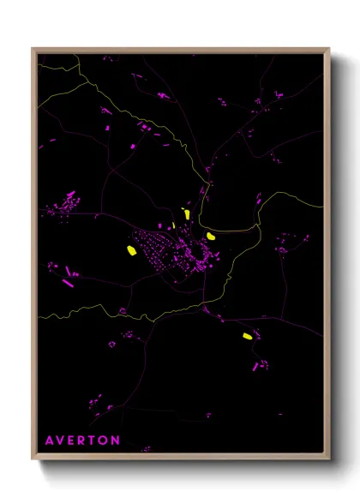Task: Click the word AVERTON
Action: [82, 440]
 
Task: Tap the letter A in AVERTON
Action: [50, 440]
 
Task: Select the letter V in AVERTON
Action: [61, 440]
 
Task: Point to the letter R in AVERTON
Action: [83, 440]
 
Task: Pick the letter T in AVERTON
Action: [93, 440]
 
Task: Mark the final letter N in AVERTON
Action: [116, 440]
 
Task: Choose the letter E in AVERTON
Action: [72, 440]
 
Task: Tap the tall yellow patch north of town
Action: [186, 214]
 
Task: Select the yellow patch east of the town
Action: [211, 235]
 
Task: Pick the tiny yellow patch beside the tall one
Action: [173, 225]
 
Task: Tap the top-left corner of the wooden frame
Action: [33, 50]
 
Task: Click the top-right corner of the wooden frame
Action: [328, 50]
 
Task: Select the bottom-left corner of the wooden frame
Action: [33, 459]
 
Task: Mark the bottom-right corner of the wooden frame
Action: [328, 459]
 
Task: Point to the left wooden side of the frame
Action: [33, 257]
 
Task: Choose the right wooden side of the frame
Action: [328, 257]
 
